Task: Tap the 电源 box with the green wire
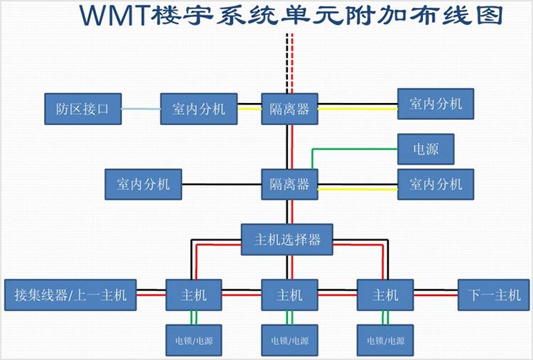[x=426, y=149]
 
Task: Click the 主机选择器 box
[x=288, y=239]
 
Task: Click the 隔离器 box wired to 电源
[x=289, y=185]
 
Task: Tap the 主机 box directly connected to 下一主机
[x=384, y=294]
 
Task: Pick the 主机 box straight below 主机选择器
[x=289, y=294]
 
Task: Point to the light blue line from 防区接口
[x=140, y=109]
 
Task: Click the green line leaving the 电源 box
[x=355, y=149]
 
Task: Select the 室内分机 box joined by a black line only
[x=143, y=185]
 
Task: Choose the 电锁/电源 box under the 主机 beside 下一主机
[x=384, y=340]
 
